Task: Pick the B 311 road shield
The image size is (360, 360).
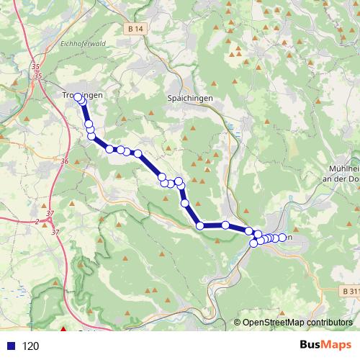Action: (348, 290)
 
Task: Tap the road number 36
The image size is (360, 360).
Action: (65, 162)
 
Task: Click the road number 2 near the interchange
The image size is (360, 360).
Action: (37, 221)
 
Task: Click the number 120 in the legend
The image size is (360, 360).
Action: (31, 346)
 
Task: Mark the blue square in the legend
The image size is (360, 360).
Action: (12, 346)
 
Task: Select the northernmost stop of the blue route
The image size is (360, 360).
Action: (78, 97)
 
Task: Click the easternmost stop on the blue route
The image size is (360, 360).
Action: (284, 238)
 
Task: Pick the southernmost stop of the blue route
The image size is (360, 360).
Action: (253, 243)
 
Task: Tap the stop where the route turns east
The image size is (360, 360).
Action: (200, 226)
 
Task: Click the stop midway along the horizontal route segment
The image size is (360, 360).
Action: (225, 225)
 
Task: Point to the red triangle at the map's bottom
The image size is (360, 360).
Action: (63, 331)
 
